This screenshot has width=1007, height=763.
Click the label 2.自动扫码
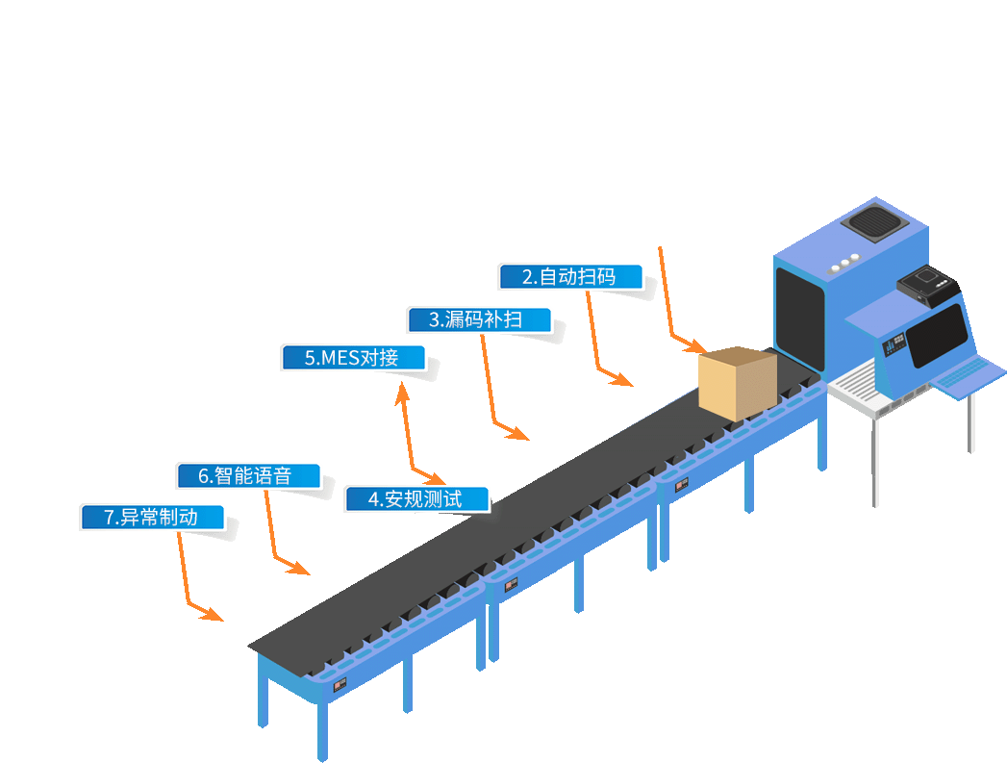pos(570,277)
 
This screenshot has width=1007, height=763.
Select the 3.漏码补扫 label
pos(479,319)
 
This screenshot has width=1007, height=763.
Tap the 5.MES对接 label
pos(353,358)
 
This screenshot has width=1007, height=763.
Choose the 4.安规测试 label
pos(416,499)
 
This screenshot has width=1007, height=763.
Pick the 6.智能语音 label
pos(247,475)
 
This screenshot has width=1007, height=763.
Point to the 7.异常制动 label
pos(152,517)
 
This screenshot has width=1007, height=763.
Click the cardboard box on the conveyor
pos(737,382)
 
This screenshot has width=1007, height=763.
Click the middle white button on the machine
pos(844,261)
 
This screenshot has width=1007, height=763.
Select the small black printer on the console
pos(929,286)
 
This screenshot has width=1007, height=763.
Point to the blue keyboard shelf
pos(968,376)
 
